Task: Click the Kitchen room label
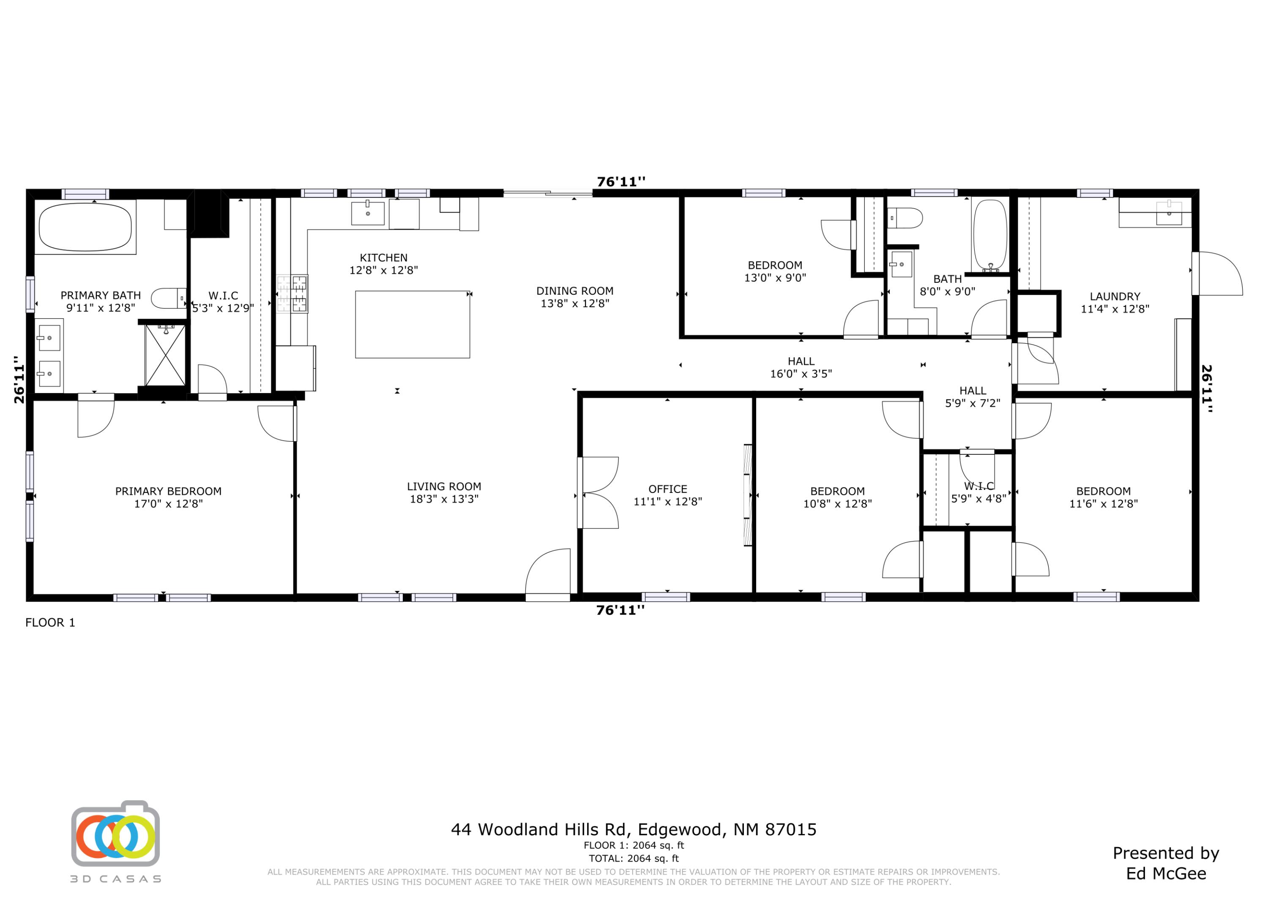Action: point(383,258)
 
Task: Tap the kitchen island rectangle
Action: point(412,324)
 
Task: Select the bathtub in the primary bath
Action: point(85,227)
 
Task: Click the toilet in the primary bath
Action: point(167,298)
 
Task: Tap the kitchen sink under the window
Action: point(368,213)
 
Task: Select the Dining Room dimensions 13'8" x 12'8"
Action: point(574,303)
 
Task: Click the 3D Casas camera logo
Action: point(115,834)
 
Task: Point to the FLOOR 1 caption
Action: point(50,623)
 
